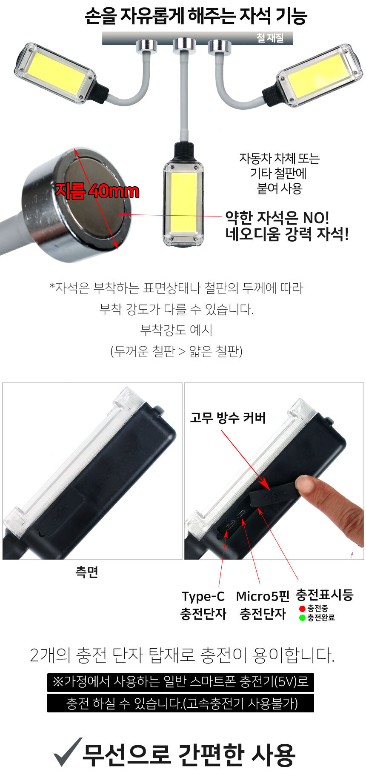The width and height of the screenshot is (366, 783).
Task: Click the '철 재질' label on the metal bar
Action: [x=270, y=38]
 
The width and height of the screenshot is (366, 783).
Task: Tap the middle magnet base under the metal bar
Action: [x=184, y=45]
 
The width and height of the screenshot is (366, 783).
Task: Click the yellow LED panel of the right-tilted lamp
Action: [x=316, y=75]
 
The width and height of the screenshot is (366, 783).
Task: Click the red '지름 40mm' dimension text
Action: [x=97, y=191]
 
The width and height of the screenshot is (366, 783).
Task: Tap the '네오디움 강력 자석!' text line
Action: [x=287, y=234]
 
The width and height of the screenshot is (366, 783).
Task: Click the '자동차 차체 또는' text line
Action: [x=279, y=159]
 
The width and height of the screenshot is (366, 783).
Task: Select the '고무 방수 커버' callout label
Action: [x=228, y=418]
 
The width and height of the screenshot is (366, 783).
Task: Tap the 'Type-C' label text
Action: [x=203, y=597]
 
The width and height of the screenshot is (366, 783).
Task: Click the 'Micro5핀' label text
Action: [x=263, y=596]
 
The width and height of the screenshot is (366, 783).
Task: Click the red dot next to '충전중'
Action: [x=302, y=609]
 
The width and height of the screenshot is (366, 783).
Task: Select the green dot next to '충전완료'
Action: [x=302, y=618]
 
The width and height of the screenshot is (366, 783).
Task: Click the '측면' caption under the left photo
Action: [x=87, y=572]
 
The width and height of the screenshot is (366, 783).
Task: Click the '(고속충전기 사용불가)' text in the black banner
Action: [x=240, y=704]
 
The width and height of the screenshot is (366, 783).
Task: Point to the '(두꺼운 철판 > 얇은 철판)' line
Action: [x=176, y=351]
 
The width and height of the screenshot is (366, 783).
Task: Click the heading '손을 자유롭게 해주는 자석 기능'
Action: [x=196, y=17]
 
